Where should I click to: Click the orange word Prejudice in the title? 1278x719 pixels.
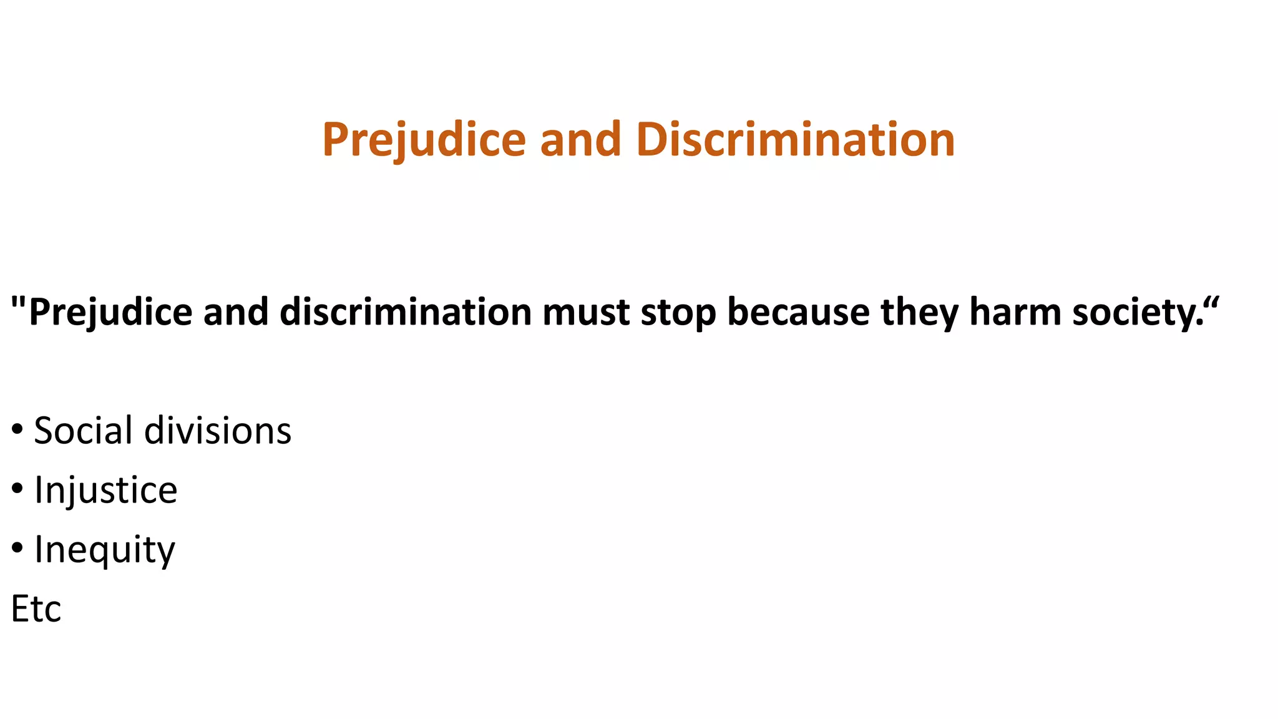(424, 139)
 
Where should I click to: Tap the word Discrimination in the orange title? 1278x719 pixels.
(796, 139)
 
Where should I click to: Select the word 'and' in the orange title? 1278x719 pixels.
(580, 139)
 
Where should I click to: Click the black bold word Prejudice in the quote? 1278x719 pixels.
(110, 312)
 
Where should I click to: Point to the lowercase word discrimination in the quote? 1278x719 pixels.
(405, 312)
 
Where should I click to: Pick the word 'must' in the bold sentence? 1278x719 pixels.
(586, 312)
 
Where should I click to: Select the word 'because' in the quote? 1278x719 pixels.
(798, 312)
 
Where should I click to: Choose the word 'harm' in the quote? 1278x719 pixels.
(1015, 312)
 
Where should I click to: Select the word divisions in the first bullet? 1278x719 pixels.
(218, 431)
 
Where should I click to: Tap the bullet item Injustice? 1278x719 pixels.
(105, 490)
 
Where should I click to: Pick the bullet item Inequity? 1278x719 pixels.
(104, 549)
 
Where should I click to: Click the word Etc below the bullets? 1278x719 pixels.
(36, 609)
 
